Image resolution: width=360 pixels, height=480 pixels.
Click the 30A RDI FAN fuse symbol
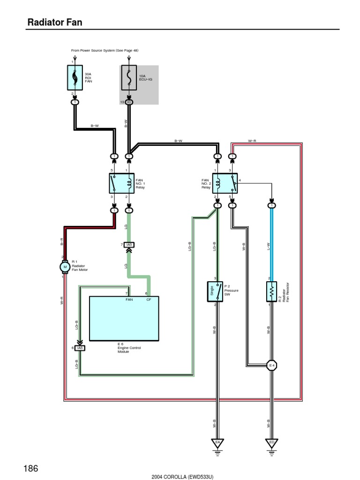coord(75,77)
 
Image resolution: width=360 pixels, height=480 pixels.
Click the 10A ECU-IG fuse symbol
coord(129,77)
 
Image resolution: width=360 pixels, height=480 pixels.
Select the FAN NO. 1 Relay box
coord(121,182)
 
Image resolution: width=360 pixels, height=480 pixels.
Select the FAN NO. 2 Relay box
coord(225,182)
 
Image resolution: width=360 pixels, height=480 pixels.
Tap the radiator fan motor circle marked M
coord(65,267)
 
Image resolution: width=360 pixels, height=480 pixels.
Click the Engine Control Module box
coord(124,319)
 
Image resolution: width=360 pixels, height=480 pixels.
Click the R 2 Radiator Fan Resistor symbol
coord(271,292)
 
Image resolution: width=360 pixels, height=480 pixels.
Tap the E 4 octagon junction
coord(271,365)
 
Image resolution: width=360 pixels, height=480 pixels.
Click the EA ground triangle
coord(217,442)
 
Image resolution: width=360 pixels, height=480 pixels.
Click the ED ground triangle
coord(271,442)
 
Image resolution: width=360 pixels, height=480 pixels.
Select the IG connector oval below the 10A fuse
coord(129,102)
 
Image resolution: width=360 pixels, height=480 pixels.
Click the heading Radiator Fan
coord(55,22)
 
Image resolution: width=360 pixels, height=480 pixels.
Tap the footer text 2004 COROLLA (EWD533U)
coord(182,476)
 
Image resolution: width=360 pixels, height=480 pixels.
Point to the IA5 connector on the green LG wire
coord(129,245)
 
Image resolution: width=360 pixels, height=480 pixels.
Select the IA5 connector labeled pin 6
coord(80,348)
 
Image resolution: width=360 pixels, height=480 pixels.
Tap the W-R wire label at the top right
coord(252,141)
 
